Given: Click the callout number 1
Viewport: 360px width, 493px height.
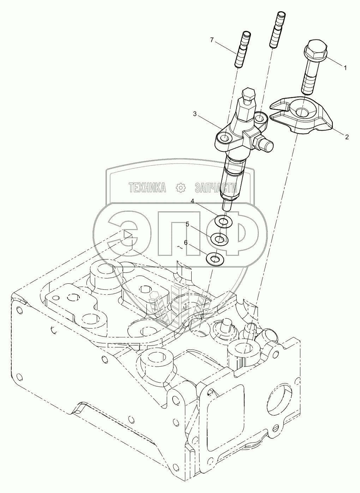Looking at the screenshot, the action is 346,67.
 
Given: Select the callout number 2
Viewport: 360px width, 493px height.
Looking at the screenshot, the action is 347,137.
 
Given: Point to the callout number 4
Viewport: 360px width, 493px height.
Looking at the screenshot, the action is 193,201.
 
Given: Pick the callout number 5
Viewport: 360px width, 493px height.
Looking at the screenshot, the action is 187,224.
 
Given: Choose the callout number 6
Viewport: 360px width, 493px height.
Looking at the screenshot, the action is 186,243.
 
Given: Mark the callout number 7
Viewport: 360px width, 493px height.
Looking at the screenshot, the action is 212,40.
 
